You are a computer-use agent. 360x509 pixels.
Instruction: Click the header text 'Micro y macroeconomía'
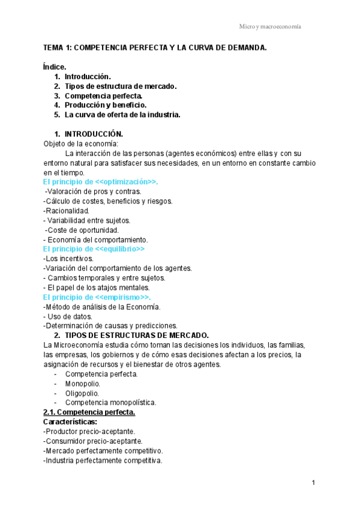click(x=270, y=27)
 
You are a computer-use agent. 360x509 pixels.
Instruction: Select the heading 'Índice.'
click(x=55, y=67)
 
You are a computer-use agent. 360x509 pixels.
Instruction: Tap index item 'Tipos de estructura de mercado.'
click(x=121, y=86)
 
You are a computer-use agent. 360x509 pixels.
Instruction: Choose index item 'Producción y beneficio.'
click(x=106, y=105)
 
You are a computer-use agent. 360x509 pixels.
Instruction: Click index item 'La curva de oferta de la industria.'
click(x=122, y=115)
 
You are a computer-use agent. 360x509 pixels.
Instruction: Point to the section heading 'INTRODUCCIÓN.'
click(x=94, y=134)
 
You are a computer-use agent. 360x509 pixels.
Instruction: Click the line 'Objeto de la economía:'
click(x=81, y=144)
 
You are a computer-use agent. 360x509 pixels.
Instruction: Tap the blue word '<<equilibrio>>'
click(x=120, y=248)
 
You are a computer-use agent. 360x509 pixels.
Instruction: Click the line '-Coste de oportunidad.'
click(x=82, y=230)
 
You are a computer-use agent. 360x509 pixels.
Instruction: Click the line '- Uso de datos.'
click(x=68, y=316)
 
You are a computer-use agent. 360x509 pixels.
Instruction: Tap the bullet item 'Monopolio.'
click(x=83, y=384)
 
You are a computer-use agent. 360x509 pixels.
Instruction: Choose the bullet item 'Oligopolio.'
click(x=82, y=393)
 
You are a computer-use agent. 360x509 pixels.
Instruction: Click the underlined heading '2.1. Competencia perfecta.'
click(x=89, y=412)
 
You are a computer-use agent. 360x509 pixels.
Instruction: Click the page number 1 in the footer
click(x=314, y=483)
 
